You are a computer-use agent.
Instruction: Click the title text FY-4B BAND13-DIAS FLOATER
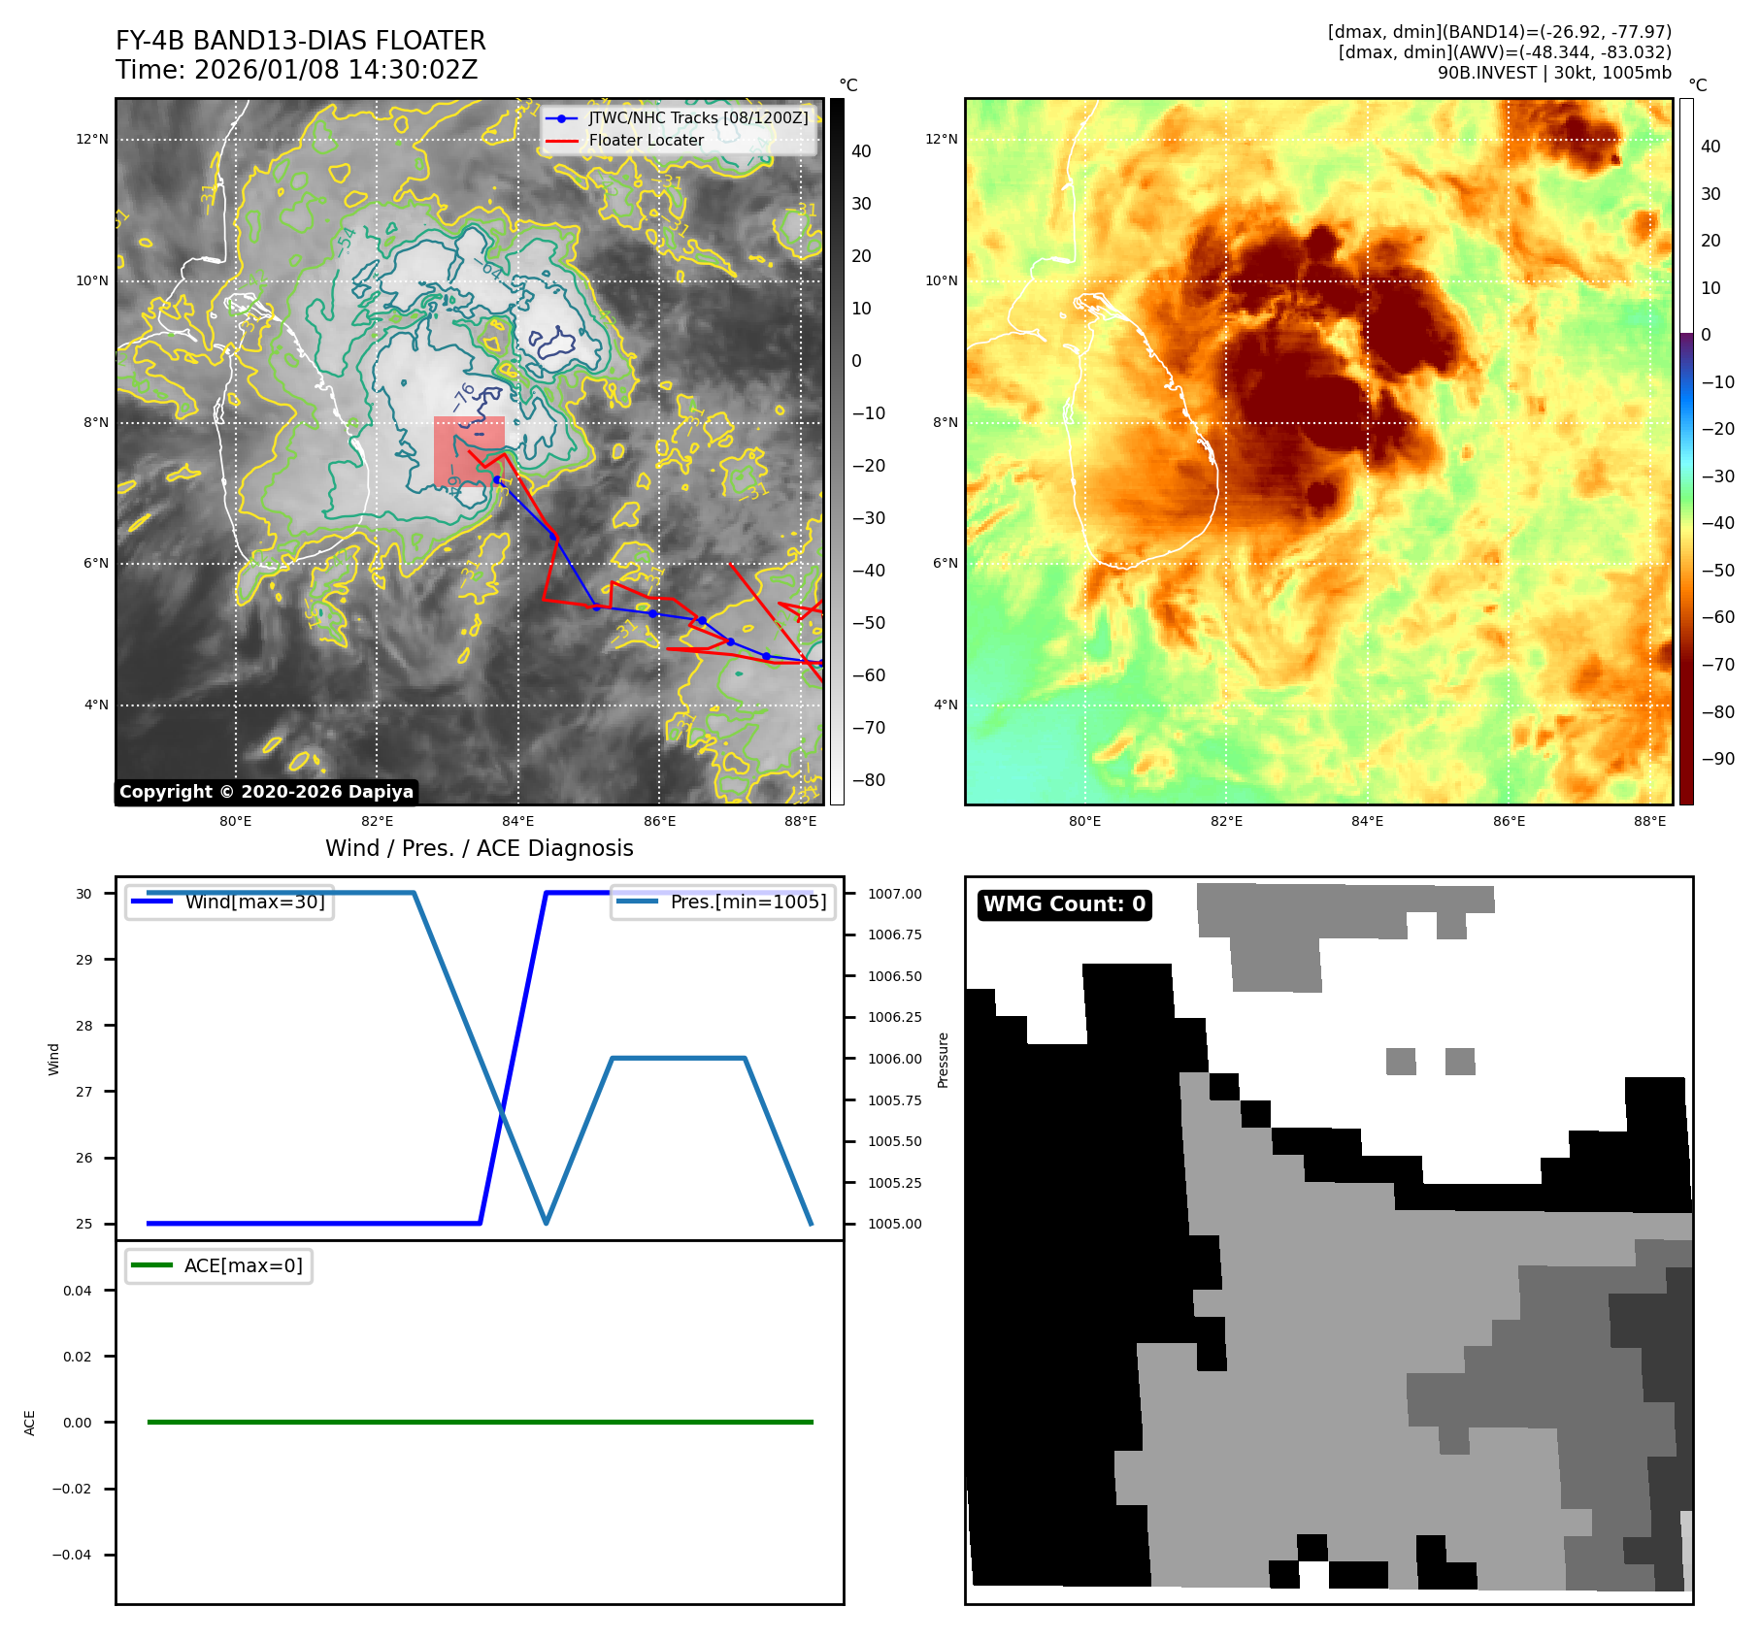click(300, 41)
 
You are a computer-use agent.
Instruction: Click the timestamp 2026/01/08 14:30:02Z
click(335, 70)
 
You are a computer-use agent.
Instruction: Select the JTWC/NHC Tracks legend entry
click(697, 117)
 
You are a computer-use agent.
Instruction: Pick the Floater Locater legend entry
click(646, 140)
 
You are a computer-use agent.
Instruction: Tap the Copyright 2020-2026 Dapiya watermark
click(266, 792)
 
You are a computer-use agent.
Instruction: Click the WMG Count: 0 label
click(1064, 904)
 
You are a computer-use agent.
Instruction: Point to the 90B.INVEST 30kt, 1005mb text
click(1553, 73)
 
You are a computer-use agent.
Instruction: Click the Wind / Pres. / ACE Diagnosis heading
click(479, 848)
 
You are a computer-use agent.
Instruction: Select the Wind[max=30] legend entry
click(254, 902)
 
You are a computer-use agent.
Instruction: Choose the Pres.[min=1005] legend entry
click(747, 902)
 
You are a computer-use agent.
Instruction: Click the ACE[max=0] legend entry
click(243, 1265)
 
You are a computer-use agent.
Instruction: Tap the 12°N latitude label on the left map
click(93, 139)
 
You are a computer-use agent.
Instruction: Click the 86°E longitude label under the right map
click(1509, 821)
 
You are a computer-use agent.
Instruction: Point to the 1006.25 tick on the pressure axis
click(894, 1017)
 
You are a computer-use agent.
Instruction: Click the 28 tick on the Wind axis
click(84, 1026)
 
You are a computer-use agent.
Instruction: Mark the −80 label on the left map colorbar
click(868, 780)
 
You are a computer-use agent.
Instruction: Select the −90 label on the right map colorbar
click(1717, 759)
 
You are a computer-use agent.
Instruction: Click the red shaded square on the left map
click(469, 451)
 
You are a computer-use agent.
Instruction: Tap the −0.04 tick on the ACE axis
click(72, 1555)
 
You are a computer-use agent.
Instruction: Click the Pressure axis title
click(943, 1060)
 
